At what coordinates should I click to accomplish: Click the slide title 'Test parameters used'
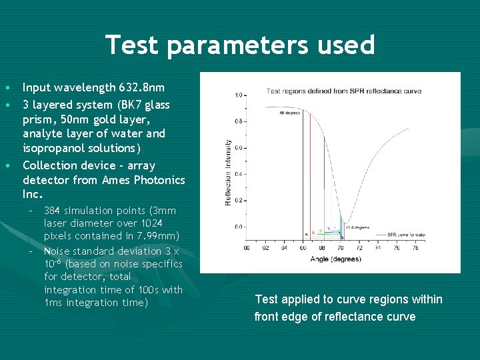(x=240, y=45)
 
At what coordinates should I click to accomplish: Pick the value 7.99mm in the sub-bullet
(x=157, y=235)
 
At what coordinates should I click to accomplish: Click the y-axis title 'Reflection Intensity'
(x=229, y=172)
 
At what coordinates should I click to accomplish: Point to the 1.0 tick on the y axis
(x=239, y=95)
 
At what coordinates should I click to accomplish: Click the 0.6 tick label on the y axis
(x=239, y=148)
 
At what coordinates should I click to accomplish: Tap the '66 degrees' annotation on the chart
(x=289, y=113)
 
